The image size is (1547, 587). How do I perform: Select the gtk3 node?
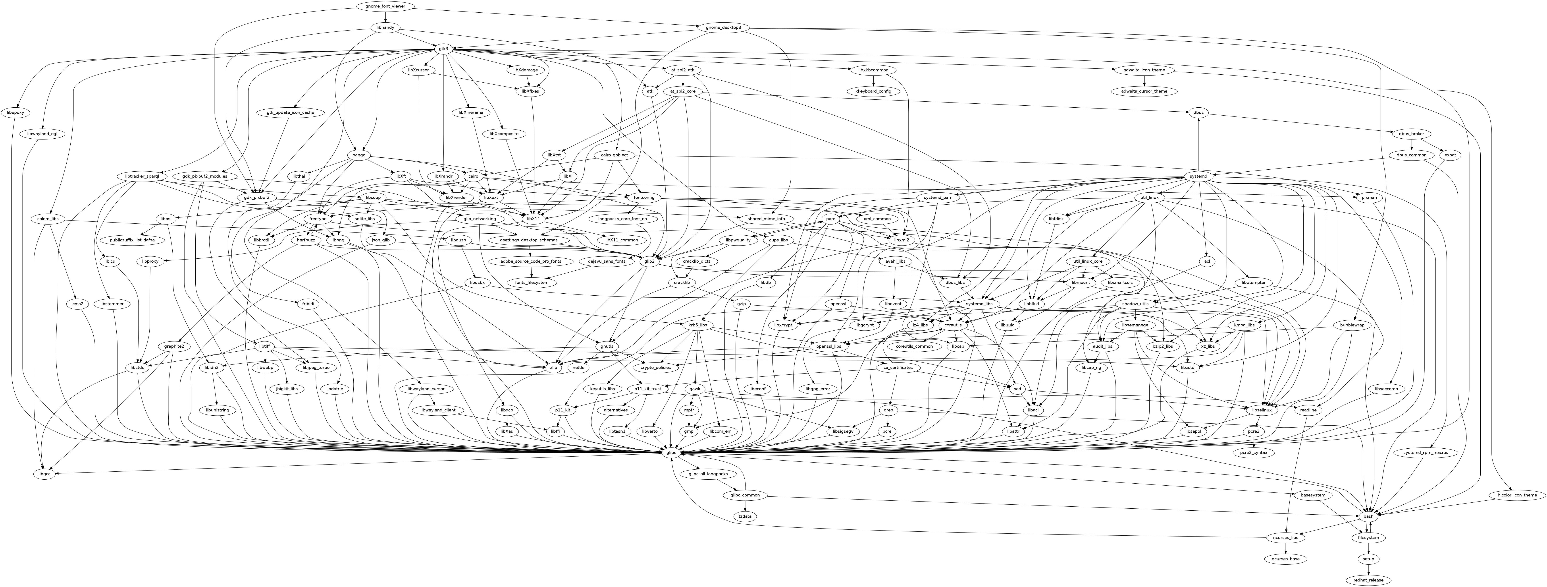[x=444, y=49]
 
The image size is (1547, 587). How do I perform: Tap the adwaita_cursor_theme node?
[x=1144, y=91]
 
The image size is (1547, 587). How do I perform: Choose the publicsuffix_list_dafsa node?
[x=136, y=240]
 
